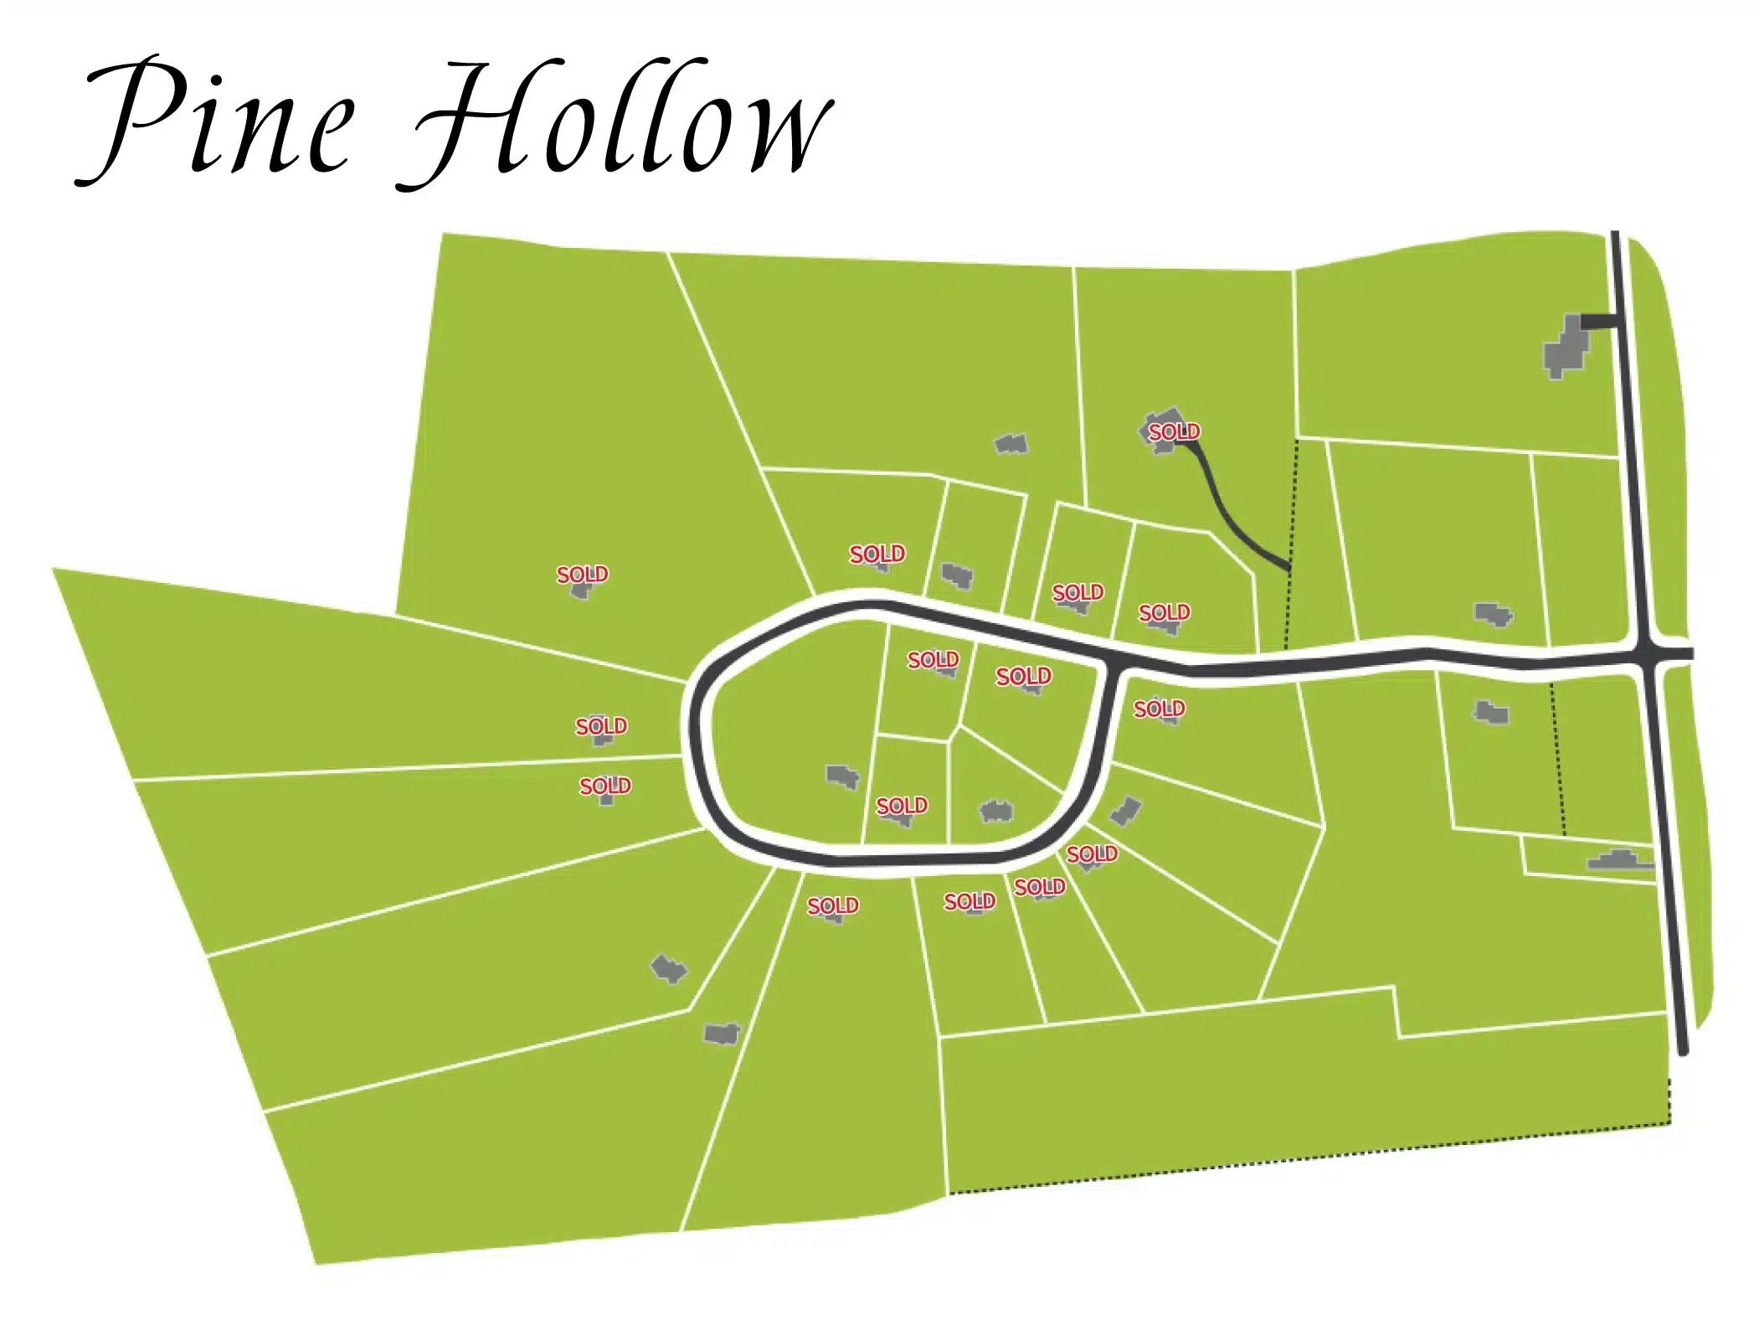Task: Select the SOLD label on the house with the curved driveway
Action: [x=1173, y=431]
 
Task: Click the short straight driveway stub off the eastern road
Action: [x=1598, y=321]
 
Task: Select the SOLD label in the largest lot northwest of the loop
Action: [x=582, y=575]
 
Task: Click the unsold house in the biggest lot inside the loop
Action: [x=842, y=776]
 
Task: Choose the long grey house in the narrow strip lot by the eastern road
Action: [x=1621, y=859]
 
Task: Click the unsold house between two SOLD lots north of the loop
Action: [x=956, y=575]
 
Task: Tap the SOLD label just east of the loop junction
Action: [x=1159, y=709]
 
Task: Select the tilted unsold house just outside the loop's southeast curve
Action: [x=1125, y=810]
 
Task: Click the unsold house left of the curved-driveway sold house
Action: [x=1011, y=443]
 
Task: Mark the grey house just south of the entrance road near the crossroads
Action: [x=1490, y=713]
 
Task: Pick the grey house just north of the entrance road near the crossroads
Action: [x=1493, y=615]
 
